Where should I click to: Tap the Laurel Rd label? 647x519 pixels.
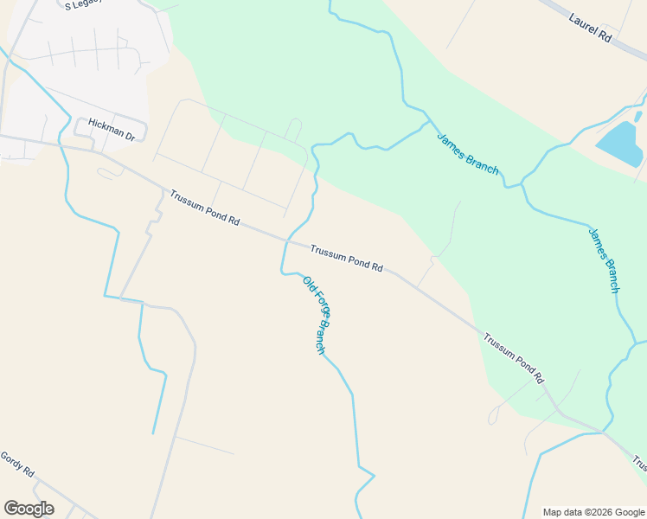point(591,29)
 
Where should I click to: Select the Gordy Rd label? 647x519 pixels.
point(16,465)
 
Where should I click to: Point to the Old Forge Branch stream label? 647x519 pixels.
point(317,314)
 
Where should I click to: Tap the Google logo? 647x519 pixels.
point(29,509)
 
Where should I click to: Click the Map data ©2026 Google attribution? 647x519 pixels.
point(593,512)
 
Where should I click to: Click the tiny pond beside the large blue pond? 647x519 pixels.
point(638,116)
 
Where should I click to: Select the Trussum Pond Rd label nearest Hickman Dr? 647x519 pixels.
point(204,208)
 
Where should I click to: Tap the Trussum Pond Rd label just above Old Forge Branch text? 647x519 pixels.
point(346,257)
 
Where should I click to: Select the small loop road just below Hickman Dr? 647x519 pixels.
point(110,172)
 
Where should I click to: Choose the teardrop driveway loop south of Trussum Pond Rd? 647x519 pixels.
point(493,416)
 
